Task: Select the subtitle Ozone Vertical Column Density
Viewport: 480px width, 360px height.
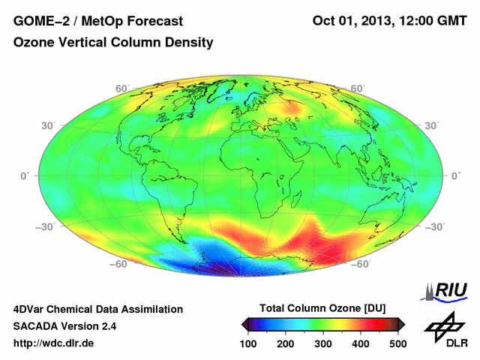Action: (x=113, y=43)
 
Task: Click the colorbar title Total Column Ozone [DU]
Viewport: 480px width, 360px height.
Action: (x=323, y=308)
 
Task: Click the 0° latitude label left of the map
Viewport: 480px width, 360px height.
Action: (x=25, y=175)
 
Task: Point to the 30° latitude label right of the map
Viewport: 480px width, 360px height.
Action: (x=433, y=125)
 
